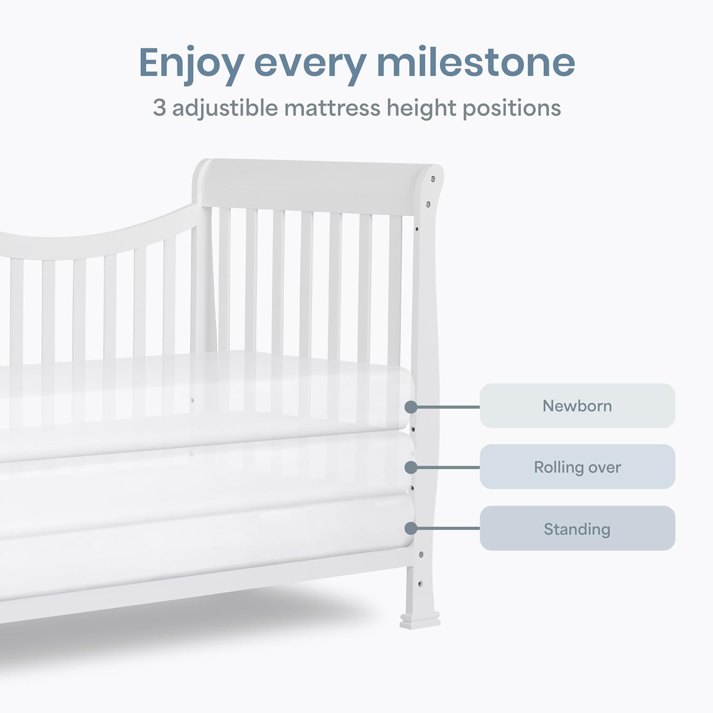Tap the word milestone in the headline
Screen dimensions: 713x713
click(x=476, y=62)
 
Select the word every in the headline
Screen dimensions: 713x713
click(x=310, y=64)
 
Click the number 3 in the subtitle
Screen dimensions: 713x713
click(x=159, y=108)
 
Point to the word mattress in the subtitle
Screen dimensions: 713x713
click(x=332, y=108)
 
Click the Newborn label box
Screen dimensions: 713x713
click(x=577, y=406)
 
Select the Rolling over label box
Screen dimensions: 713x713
click(x=577, y=467)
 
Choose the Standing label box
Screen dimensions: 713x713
click(x=577, y=529)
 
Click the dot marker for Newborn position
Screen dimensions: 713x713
click(x=411, y=407)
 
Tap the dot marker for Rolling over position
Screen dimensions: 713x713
click(x=411, y=468)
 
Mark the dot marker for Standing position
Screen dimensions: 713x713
click(x=411, y=529)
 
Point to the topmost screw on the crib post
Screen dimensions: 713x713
click(x=433, y=179)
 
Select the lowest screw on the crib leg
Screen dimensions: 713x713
click(x=420, y=584)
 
